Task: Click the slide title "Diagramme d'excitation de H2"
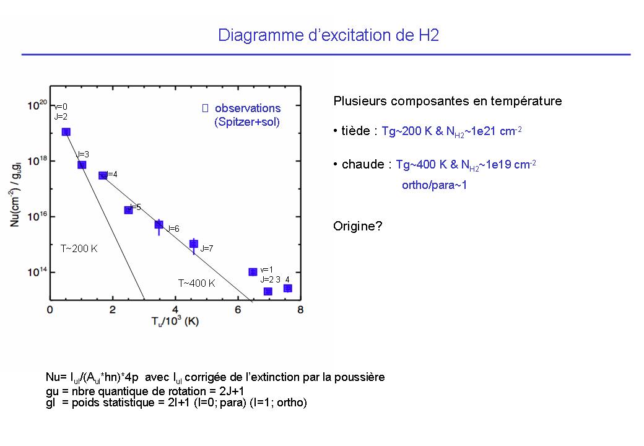point(328,35)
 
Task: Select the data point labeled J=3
point(82,165)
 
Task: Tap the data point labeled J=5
point(128,210)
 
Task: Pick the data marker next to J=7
point(194,244)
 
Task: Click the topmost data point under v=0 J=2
point(66,132)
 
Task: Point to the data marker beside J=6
point(159,224)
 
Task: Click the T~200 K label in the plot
point(79,248)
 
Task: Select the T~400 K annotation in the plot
point(197,283)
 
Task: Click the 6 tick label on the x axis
point(238,310)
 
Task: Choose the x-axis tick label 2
point(113,310)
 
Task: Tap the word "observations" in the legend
point(248,108)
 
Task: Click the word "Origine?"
point(358,226)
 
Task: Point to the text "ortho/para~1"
point(434,185)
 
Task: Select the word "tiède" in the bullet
point(356,131)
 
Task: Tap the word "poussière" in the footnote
point(359,377)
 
